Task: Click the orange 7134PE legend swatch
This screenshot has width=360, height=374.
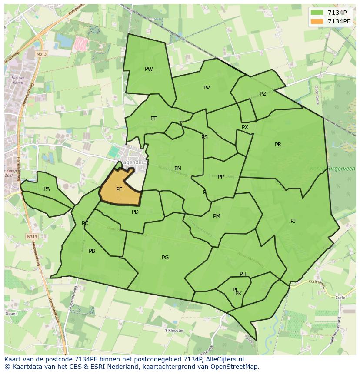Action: coord(317,21)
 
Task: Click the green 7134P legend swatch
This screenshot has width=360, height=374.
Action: coord(317,13)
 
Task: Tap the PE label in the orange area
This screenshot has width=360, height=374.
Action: coord(119,189)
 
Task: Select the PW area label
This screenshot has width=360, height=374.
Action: coord(149,69)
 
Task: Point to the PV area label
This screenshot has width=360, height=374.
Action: coord(207,88)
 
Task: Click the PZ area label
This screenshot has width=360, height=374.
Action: coord(263,94)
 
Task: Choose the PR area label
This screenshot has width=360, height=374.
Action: coord(278,145)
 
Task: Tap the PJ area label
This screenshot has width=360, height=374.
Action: coord(293,221)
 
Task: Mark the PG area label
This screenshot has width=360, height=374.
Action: coord(165,258)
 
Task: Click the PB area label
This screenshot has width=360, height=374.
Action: coord(92,251)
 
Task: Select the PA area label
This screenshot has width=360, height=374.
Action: coord(47,189)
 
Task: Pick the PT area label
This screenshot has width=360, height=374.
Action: coord(153,119)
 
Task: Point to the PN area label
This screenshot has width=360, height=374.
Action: coord(177,169)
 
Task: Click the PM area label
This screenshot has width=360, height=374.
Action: coord(217,216)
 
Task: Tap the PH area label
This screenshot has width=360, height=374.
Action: coord(243,274)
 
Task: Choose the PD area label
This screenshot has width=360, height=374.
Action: coord(135,212)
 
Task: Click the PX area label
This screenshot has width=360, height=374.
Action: coord(245,127)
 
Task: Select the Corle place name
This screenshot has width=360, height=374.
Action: coord(340,298)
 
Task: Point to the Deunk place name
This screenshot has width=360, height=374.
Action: coord(11,313)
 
